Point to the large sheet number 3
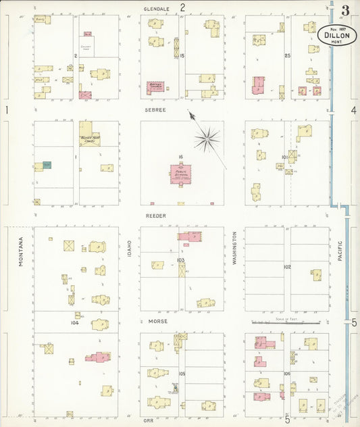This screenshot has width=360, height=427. tap(345, 10)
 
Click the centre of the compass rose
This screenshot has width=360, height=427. tap(207, 138)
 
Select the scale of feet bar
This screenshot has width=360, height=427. tap(284, 322)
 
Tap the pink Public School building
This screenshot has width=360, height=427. tap(181, 174)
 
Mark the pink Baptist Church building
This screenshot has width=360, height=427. tap(155, 88)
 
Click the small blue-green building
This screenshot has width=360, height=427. tap(47, 165)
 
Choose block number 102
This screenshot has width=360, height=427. tap(288, 267)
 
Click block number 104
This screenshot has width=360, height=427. tap(74, 322)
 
